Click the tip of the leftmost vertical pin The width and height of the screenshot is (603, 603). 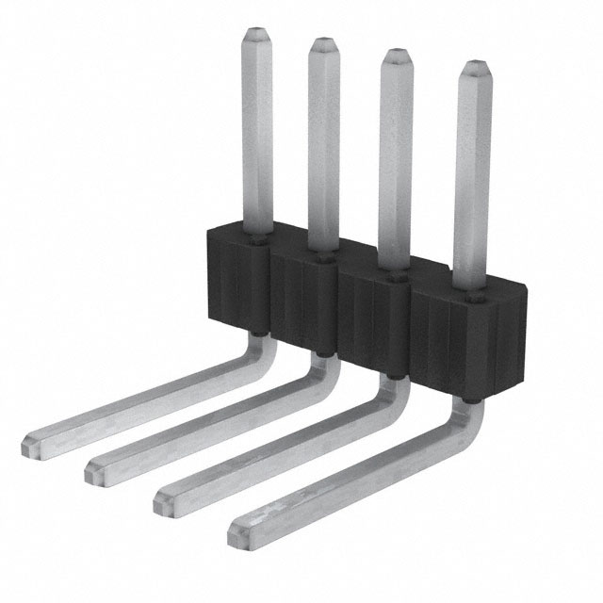tap(256, 35)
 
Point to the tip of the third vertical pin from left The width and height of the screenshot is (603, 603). tap(396, 56)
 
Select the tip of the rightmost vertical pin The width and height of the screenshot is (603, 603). tap(475, 68)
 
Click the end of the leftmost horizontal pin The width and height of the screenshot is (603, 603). tap(30, 441)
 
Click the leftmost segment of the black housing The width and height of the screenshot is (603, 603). tap(236, 278)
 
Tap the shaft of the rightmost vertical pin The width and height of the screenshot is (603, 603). tap(475, 179)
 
